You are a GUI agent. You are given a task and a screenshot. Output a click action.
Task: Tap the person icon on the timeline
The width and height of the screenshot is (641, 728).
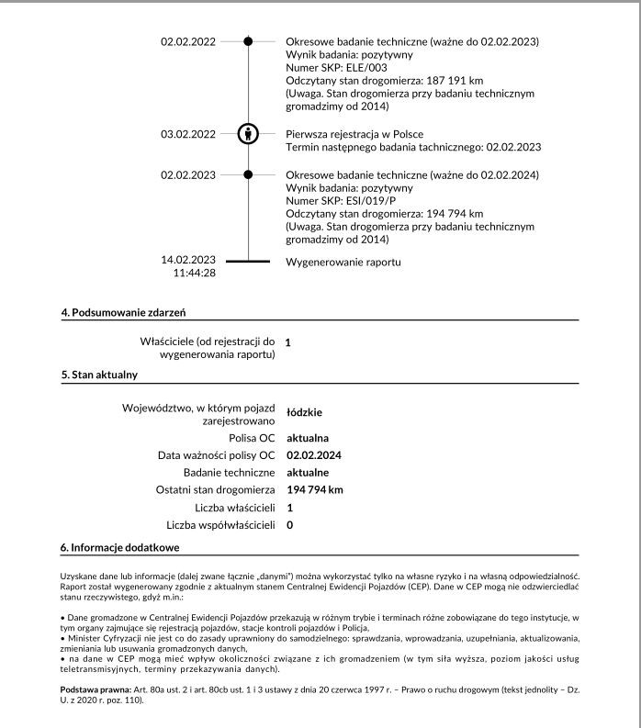tap(248, 133)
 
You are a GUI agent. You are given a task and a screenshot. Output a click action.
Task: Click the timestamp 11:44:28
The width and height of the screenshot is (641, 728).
tap(194, 273)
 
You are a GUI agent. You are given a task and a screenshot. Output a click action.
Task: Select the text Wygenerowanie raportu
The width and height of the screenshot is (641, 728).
tap(343, 262)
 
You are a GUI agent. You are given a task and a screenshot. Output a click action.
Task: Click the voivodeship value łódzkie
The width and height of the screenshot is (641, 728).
tap(304, 412)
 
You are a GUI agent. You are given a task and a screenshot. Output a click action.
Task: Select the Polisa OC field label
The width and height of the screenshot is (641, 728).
tap(252, 438)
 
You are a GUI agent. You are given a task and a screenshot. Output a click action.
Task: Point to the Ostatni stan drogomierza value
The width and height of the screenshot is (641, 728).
tap(315, 489)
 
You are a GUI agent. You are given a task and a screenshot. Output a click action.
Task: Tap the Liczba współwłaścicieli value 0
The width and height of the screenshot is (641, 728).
tap(289, 524)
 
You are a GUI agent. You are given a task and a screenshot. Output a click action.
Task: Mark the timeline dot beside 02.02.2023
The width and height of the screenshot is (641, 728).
tap(248, 174)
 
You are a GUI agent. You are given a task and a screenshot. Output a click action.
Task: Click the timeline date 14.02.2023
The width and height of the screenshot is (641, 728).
tap(188, 260)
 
